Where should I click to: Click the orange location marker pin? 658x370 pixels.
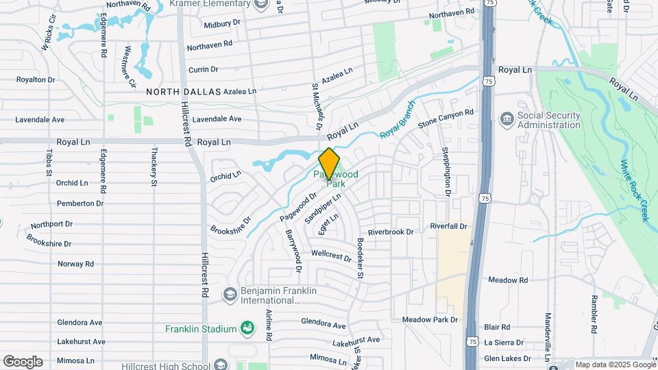click(330, 164)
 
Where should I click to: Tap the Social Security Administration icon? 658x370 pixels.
click(507, 119)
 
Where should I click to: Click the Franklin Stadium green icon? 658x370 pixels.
click(246, 329)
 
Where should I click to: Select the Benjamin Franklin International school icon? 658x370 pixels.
click(230, 295)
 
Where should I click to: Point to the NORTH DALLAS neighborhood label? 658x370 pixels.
click(183, 91)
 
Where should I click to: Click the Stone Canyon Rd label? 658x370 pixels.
click(446, 117)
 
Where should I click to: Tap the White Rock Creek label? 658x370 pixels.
click(634, 190)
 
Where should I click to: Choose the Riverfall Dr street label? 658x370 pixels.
click(448, 226)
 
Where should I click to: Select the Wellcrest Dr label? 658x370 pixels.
click(331, 256)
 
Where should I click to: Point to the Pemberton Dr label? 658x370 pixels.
click(80, 203)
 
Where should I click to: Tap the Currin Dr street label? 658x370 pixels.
click(203, 69)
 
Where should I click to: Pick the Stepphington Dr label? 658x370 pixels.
click(446, 171)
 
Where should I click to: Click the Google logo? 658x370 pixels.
click(22, 361)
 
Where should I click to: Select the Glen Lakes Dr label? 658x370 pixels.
click(508, 358)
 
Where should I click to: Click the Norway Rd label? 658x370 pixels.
click(75, 264)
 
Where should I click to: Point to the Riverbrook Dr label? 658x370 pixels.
click(391, 232)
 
